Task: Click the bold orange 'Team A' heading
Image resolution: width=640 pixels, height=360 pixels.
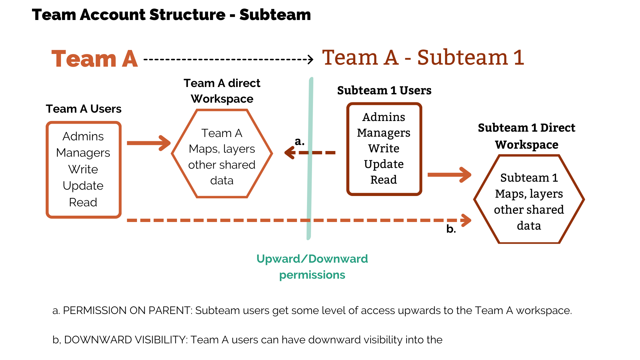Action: (x=95, y=59)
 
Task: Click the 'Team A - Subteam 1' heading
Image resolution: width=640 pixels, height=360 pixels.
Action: (x=423, y=57)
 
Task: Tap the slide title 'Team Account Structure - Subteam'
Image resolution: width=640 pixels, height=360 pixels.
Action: (x=171, y=15)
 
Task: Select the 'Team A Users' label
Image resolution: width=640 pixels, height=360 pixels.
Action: (x=83, y=109)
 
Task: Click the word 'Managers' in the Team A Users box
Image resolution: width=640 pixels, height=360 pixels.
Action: (x=83, y=153)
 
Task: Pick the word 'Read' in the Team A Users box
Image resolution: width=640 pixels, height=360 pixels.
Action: (x=83, y=202)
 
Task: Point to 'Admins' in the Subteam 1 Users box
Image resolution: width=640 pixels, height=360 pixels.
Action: (x=384, y=117)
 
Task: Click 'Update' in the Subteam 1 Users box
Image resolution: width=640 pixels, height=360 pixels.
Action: (x=384, y=164)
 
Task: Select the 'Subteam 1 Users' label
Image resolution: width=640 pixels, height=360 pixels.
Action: (x=384, y=90)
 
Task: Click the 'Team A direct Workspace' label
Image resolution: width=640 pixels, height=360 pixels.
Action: (x=222, y=91)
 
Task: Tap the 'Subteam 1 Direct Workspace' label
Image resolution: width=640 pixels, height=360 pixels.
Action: (x=527, y=136)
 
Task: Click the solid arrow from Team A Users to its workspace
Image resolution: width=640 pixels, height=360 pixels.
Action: (x=149, y=143)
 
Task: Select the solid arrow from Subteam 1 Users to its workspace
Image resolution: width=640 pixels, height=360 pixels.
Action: (x=449, y=175)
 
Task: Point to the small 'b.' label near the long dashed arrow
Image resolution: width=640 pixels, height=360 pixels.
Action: (x=451, y=229)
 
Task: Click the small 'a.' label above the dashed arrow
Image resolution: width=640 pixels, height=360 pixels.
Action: (x=299, y=141)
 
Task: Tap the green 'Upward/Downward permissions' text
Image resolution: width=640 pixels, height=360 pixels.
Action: (x=312, y=267)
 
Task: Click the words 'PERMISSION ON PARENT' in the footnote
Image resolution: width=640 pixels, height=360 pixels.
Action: (x=127, y=310)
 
